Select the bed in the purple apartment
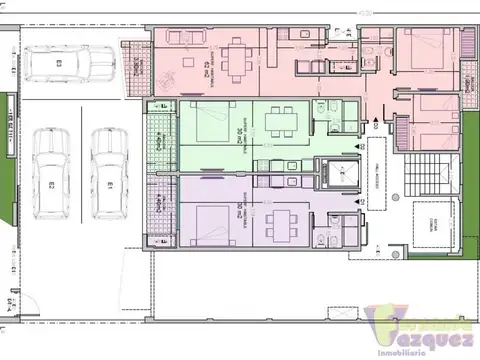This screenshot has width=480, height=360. tap(207, 222)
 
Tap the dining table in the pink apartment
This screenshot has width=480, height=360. tap(237, 57)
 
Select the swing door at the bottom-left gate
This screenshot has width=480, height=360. tap(12, 300)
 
